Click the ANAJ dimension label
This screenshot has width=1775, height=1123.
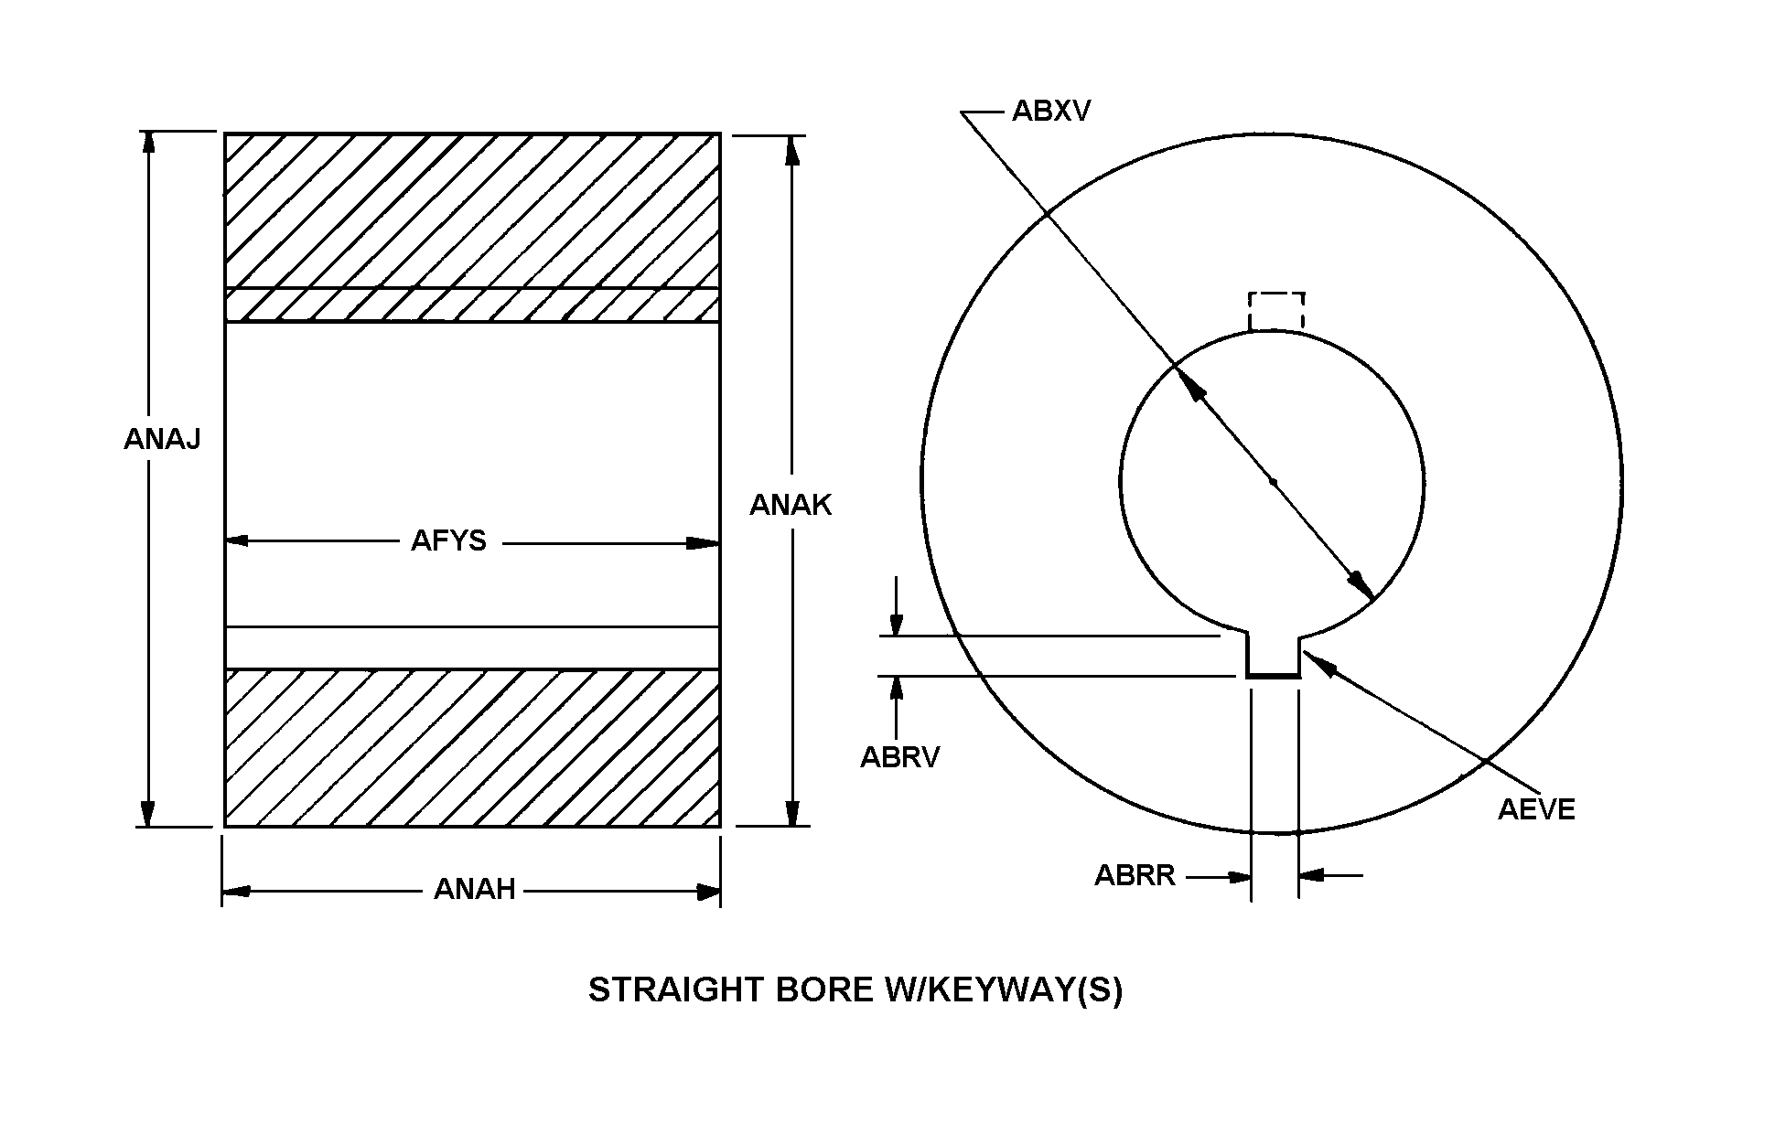click(162, 440)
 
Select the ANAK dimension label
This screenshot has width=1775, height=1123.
click(791, 505)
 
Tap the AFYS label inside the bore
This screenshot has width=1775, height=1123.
click(448, 541)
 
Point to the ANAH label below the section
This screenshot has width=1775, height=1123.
click(474, 889)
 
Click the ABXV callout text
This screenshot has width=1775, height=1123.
click(1051, 112)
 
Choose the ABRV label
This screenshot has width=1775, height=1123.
click(899, 757)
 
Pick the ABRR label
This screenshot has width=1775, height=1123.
click(1135, 875)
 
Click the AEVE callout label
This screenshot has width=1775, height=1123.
click(1536, 809)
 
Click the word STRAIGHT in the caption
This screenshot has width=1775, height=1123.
click(675, 990)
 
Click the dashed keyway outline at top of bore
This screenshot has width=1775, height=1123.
click(1276, 311)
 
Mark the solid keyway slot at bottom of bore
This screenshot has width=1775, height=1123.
click(1273, 656)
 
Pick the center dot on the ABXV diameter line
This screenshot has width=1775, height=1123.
click(1273, 482)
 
